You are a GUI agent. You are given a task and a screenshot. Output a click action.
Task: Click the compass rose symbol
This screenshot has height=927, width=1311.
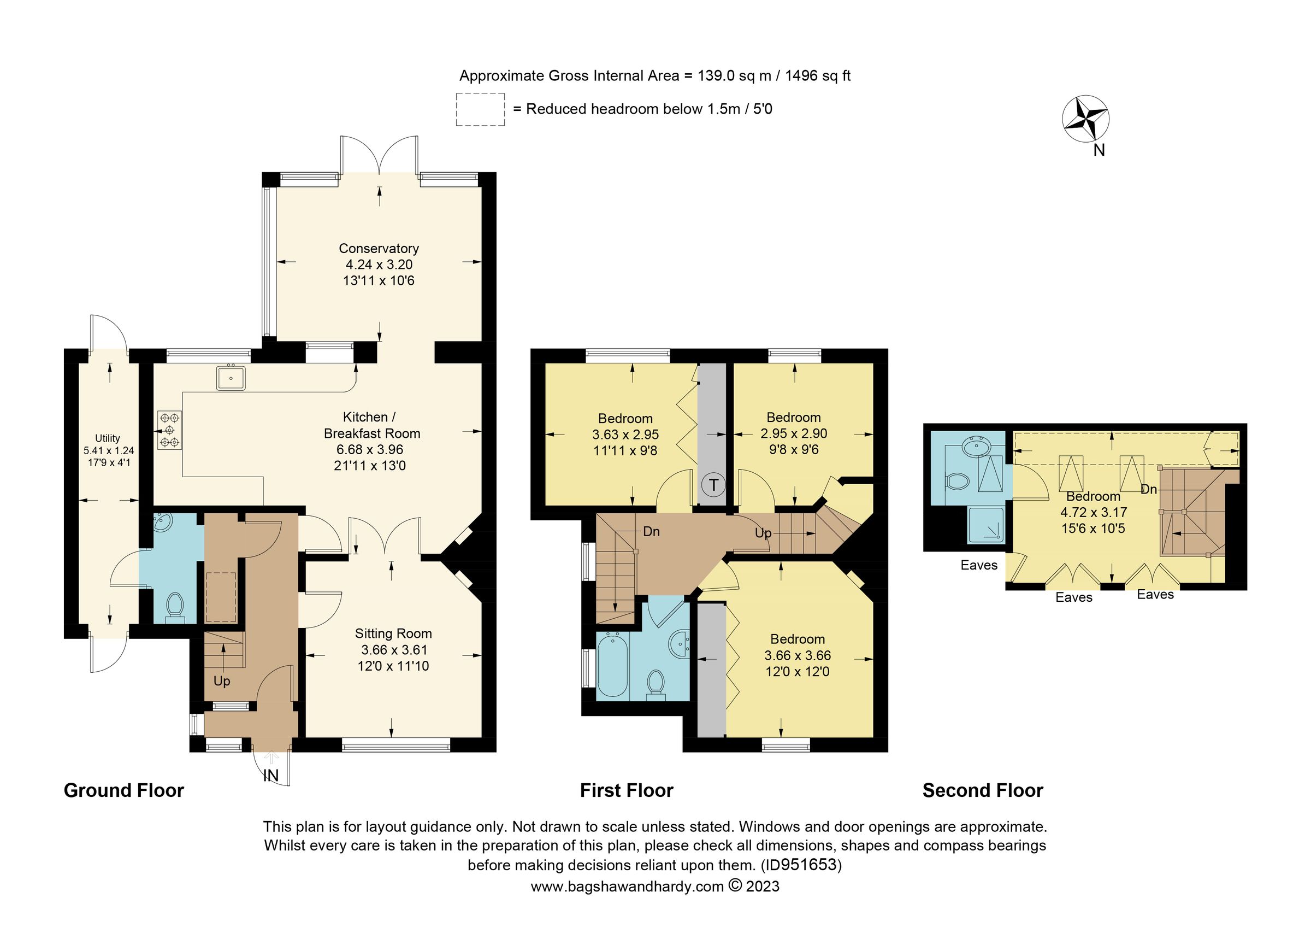pyautogui.click(x=1085, y=118)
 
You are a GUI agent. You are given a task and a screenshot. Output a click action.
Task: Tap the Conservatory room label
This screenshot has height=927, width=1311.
pyautogui.click(x=379, y=249)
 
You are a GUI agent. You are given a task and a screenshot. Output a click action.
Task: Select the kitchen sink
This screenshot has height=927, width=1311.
pyautogui.click(x=231, y=378)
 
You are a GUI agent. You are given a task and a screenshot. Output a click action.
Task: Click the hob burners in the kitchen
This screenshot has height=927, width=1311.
pyautogui.click(x=170, y=430)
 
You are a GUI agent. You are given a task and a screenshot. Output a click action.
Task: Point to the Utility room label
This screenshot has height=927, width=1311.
pyautogui.click(x=108, y=438)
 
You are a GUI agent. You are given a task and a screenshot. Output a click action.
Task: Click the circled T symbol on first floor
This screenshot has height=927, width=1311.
pyautogui.click(x=713, y=485)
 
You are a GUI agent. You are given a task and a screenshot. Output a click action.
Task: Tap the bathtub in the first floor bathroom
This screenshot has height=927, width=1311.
pyautogui.click(x=612, y=665)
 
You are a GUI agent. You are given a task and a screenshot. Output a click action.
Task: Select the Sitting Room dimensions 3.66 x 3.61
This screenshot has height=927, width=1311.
pyautogui.click(x=393, y=649)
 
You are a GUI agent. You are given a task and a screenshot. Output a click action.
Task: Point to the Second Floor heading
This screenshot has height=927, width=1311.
pyautogui.click(x=983, y=790)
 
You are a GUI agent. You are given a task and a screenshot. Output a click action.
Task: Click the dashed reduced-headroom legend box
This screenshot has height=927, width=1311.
pyautogui.click(x=480, y=109)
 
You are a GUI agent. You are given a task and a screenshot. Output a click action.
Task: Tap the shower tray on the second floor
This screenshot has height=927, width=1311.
pyautogui.click(x=985, y=524)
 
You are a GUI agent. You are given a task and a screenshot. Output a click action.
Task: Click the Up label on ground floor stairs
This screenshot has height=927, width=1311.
pyautogui.click(x=222, y=681)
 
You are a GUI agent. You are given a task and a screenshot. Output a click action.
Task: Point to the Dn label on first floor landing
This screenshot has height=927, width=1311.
pyautogui.click(x=651, y=531)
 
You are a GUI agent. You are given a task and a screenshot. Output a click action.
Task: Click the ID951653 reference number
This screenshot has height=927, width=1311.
pyautogui.click(x=802, y=865)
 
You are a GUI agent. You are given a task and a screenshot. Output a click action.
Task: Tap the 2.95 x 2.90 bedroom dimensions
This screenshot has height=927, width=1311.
pyautogui.click(x=794, y=433)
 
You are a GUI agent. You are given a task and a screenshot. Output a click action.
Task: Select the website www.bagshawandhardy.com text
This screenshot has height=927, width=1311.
pyautogui.click(x=627, y=887)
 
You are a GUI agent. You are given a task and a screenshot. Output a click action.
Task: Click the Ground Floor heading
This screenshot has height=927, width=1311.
pyautogui.click(x=124, y=790)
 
